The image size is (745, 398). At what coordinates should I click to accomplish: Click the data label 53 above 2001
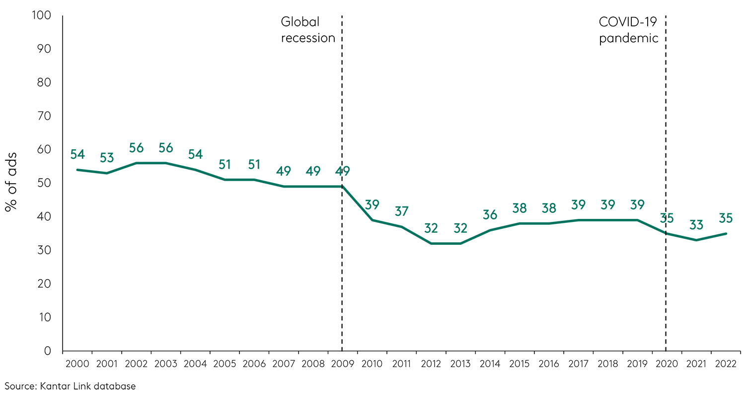pos(107,158)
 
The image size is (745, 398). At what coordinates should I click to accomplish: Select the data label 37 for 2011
pos(401,211)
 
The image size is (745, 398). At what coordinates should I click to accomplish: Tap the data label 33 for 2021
pos(696,225)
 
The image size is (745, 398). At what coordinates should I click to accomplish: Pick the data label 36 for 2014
pos(490,215)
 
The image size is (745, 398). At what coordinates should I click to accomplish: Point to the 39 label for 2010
pos(372,204)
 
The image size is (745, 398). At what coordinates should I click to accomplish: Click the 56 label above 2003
pos(166,148)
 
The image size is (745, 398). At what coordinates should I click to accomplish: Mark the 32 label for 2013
pos(460,228)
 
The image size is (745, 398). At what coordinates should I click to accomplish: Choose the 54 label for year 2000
pos(77,154)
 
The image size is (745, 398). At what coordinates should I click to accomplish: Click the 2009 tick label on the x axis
pos(342,364)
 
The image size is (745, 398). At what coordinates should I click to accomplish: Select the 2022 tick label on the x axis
pos(726,364)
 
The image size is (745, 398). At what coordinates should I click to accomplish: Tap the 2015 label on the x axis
pos(519,364)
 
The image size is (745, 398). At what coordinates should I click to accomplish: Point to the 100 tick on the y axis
pos(41,15)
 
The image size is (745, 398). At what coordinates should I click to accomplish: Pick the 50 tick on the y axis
pos(44,183)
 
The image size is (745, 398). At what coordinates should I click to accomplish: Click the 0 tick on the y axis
pos(48,351)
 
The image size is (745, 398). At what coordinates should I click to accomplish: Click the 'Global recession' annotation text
pos(308,30)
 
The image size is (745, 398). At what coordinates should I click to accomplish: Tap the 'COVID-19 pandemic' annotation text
pos(628,30)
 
